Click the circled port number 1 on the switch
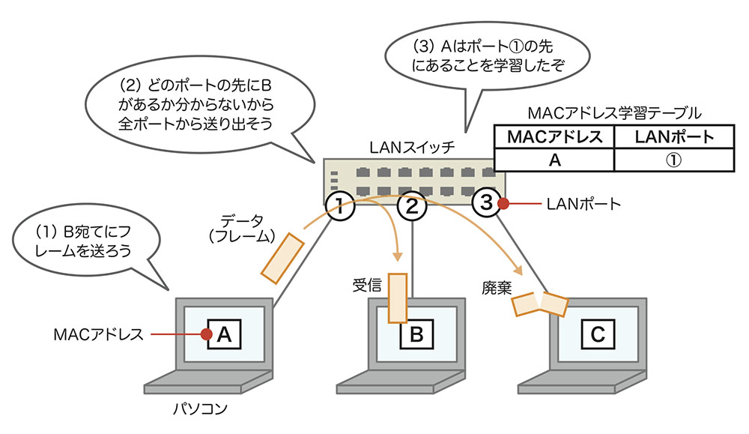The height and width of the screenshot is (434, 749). pos(339,204)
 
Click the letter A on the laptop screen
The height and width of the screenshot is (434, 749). pos(223,335)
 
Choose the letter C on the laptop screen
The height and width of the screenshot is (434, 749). pos(597,335)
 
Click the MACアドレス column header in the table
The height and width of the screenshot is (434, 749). pos(554,138)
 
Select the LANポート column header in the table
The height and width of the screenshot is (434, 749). pos(673,138)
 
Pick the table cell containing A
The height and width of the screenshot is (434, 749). pos(554,159)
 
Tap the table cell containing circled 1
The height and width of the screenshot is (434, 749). pos(673,159)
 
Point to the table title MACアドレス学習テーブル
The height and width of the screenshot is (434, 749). pos(613,114)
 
